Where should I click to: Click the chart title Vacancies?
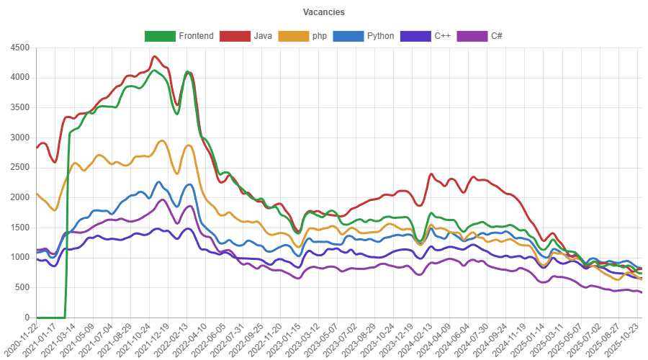pos(323,12)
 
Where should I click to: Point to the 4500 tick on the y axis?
pos(19,48)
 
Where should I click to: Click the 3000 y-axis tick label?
pos(19,138)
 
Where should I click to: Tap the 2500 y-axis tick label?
pos(19,167)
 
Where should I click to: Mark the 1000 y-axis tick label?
pos(19,257)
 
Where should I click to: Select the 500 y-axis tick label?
pos(22,287)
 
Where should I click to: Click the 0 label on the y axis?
pos(27,318)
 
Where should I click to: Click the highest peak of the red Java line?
pos(154,55)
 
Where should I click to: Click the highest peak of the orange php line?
pos(162,140)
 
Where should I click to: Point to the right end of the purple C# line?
pos(641,292)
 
